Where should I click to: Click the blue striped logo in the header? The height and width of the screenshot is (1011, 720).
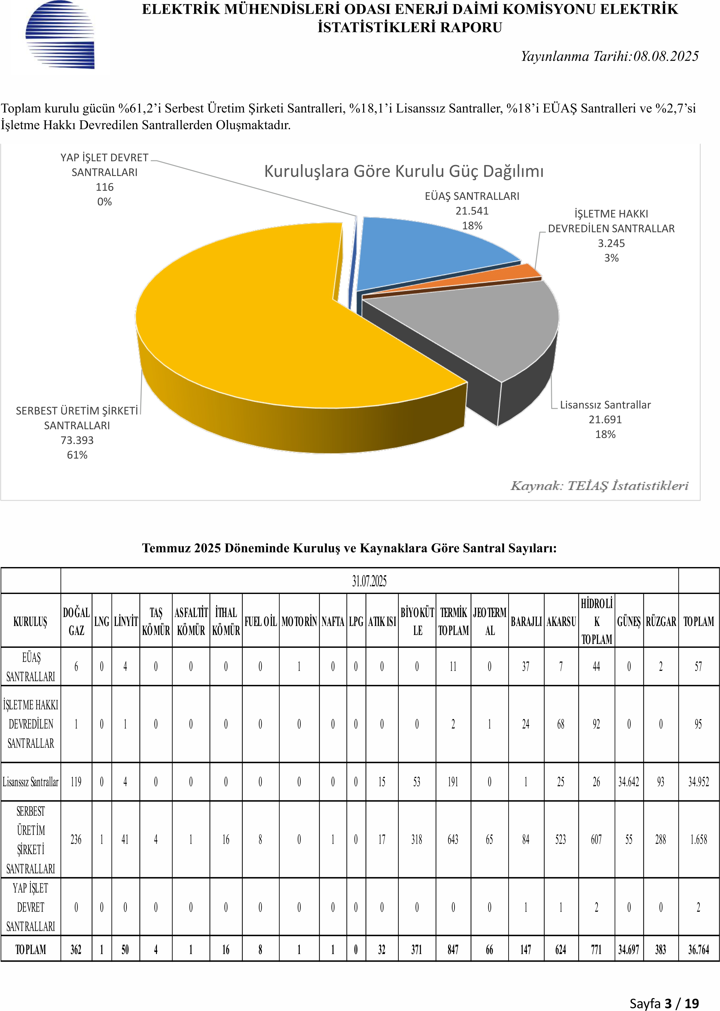click(x=60, y=35)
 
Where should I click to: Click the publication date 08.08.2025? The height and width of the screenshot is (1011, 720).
click(x=666, y=56)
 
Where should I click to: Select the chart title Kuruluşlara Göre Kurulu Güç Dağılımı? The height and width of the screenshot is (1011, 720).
click(x=404, y=171)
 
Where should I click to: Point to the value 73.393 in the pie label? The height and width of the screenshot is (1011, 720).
click(x=77, y=440)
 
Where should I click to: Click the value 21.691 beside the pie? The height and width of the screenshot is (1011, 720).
click(x=605, y=419)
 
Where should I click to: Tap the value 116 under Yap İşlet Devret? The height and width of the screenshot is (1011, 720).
click(x=105, y=187)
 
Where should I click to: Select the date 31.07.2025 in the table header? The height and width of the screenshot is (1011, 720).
click(x=369, y=581)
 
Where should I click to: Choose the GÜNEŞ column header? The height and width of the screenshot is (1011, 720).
click(x=629, y=622)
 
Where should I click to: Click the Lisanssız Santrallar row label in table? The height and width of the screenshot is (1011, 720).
click(x=31, y=782)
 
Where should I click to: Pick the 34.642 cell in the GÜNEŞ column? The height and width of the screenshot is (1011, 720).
click(x=629, y=782)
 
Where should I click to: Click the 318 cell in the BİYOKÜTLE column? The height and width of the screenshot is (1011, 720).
click(x=417, y=839)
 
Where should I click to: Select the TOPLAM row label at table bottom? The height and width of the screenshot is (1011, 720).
click(x=31, y=949)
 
